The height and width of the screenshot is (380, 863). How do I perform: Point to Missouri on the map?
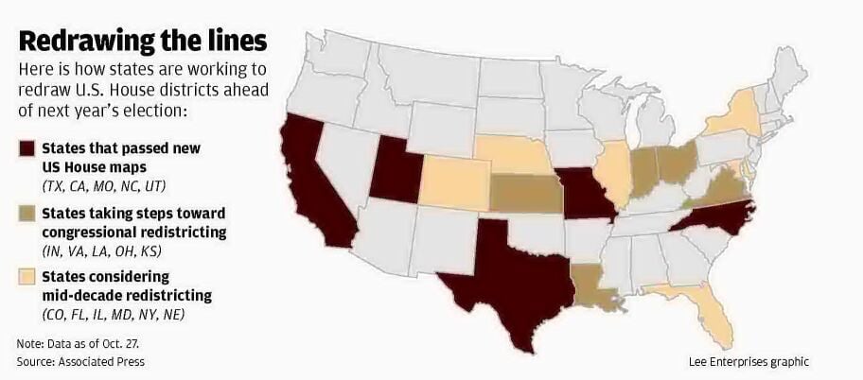pos(583,194)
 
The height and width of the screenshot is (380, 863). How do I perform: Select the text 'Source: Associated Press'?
pos(80,362)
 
